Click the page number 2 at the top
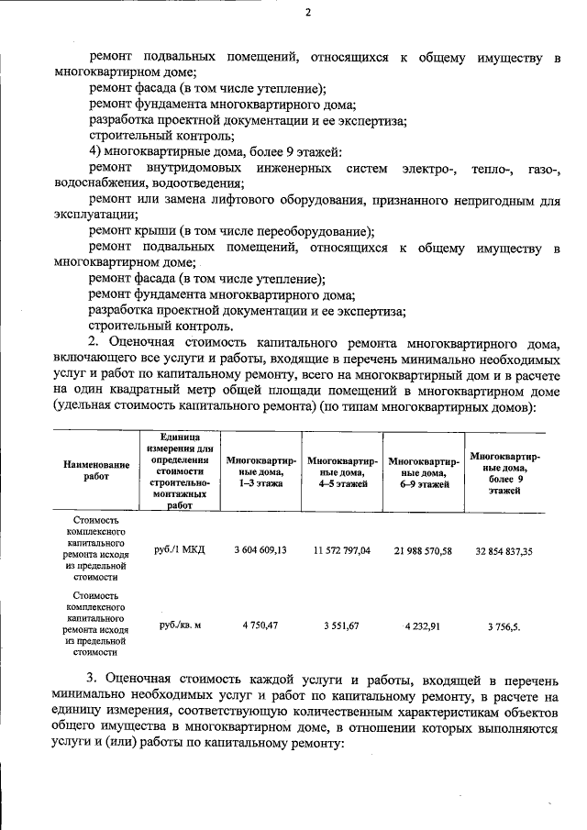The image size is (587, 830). [x=308, y=13]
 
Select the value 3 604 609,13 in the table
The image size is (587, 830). [x=260, y=549]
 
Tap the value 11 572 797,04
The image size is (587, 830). [x=341, y=549]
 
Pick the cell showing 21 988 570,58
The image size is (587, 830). [x=423, y=549]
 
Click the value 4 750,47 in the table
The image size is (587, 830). [x=260, y=625]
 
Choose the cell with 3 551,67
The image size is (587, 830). [x=341, y=625]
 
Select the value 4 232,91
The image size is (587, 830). [x=423, y=625]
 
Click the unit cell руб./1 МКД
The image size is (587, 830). [x=181, y=549]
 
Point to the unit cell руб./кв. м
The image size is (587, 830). [x=181, y=625]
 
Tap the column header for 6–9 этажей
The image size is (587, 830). [x=423, y=471]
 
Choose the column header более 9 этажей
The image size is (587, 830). [x=504, y=471]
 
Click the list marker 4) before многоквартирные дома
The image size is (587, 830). [x=94, y=151]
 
